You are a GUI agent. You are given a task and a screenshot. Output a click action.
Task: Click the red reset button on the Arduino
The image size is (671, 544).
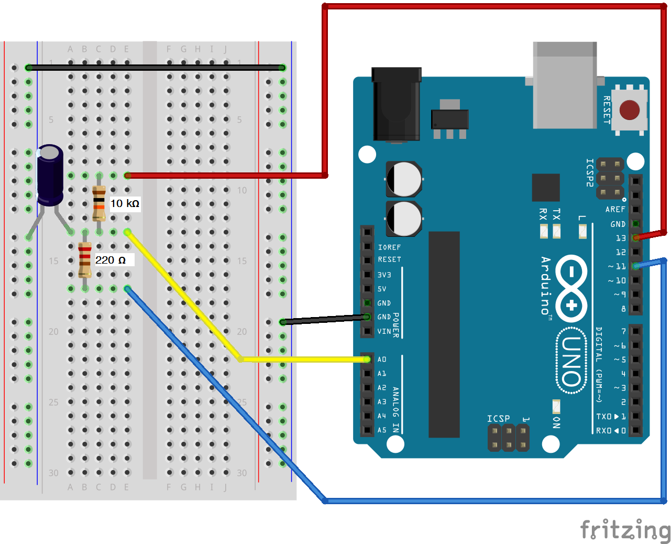pos(629,111)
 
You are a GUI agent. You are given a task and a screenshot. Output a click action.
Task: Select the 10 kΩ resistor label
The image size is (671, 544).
pos(125,203)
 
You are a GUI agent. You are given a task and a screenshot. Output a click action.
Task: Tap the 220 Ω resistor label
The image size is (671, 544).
pos(111,260)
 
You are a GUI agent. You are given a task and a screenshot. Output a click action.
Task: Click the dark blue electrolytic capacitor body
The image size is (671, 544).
pos(50,176)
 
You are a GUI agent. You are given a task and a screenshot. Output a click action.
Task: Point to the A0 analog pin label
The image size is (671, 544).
pos(382,360)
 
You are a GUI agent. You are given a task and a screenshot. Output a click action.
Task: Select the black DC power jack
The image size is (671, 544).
pos(396,105)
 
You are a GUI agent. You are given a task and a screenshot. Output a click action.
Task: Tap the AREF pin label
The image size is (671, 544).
pos(615,209)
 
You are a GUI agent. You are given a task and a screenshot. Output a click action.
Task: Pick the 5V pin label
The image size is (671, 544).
pos(382,289)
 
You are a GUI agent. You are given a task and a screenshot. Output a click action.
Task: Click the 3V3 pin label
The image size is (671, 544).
pos(384,275)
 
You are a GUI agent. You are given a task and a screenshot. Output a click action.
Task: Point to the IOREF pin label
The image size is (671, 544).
pos(389,247)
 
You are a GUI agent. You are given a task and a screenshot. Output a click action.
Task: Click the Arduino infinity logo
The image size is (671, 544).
pos(571,288)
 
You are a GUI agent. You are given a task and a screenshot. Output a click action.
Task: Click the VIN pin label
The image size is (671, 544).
pos(384,331)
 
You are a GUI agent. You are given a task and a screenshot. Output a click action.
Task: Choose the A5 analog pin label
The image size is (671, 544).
pos(382,430)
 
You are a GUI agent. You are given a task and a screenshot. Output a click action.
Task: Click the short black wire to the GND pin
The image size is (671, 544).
pos(325,319)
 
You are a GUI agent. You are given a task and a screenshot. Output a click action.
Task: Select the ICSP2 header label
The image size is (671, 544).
pos(590,173)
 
